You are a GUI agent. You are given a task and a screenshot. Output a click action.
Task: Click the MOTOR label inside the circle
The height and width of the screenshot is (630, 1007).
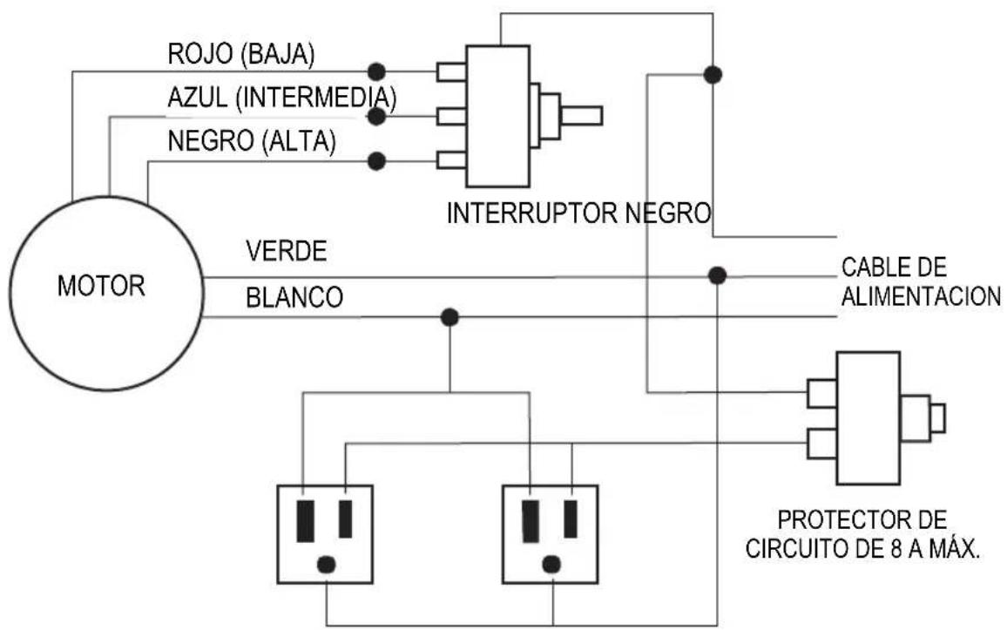pos(101,287)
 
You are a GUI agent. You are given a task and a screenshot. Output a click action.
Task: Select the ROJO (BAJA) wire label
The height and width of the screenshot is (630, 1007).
pos(241,54)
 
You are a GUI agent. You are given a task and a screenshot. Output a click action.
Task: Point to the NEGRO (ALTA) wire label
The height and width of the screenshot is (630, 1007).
pos(251,141)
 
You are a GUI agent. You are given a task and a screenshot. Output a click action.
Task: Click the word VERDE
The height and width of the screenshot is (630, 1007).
pos(286,252)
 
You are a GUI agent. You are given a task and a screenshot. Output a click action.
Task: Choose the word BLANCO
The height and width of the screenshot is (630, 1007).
pos(294,297)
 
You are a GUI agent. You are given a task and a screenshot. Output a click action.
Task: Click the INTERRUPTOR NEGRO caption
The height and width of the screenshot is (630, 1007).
pos(579,213)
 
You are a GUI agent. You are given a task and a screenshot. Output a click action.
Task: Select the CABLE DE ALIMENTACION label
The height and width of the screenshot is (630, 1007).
pos(920,281)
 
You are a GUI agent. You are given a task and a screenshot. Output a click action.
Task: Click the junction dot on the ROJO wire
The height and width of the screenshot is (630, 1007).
pos(376,71)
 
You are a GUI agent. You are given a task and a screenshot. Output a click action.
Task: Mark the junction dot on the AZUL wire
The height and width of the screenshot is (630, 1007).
pos(376,116)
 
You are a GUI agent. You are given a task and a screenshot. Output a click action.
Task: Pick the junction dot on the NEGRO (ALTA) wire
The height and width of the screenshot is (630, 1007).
pos(376,161)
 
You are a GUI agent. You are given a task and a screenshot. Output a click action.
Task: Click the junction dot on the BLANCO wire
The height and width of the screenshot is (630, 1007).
pos(449,317)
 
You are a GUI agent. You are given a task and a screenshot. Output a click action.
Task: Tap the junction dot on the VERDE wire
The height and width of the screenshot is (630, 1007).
pos(717,276)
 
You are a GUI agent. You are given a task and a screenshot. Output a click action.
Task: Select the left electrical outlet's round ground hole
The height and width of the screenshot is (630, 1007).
pos(326,563)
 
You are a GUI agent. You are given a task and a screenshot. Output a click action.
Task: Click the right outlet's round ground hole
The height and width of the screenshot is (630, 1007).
pos(551,563)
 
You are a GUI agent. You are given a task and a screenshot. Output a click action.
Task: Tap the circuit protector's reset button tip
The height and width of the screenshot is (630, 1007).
pos(937,418)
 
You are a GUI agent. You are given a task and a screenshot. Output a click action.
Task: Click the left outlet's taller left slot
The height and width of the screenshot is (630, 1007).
pos(305,520)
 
